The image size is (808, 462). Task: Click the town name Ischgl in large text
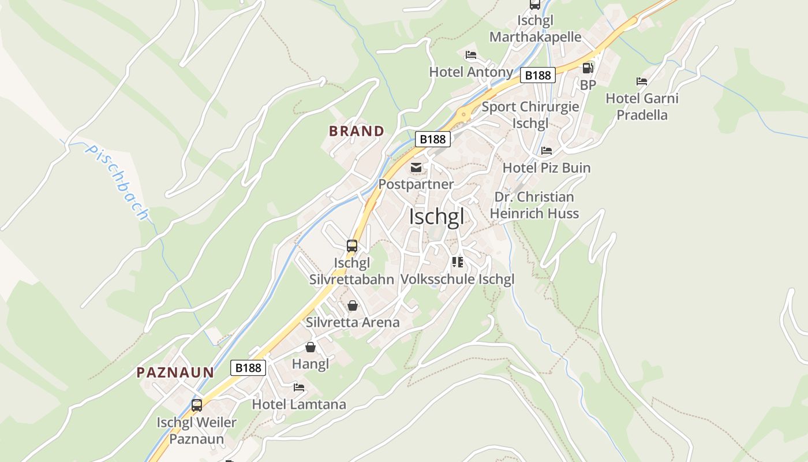[x=436, y=217]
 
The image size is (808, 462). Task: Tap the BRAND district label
[x=356, y=131]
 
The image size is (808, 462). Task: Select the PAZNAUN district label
[x=175, y=372]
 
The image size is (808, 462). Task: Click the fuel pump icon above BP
[x=588, y=68]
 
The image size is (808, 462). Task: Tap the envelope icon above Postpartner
[x=416, y=168]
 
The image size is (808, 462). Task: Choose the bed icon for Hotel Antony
[x=471, y=55]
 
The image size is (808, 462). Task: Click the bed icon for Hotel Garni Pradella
[x=641, y=81]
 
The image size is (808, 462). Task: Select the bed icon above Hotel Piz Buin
[x=546, y=151]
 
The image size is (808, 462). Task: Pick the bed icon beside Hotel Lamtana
[x=298, y=388]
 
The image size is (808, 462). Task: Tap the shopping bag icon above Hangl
[x=311, y=347]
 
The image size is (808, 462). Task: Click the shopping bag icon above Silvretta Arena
[x=352, y=305]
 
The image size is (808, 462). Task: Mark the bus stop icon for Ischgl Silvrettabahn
[x=351, y=246]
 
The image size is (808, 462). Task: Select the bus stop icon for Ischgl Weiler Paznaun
[x=197, y=405]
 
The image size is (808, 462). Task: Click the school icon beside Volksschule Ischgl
[x=458, y=262]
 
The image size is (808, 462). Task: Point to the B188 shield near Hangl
[x=248, y=368]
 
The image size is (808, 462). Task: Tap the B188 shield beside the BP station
[x=538, y=75]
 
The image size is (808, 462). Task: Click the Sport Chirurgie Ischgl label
[x=530, y=115]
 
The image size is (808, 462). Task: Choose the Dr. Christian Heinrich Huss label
[x=534, y=205]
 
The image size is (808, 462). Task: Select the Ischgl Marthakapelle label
[x=535, y=29]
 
